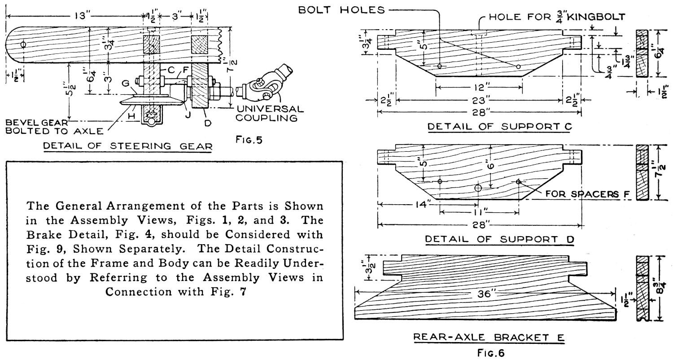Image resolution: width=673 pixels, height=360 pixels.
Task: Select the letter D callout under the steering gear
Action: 208,121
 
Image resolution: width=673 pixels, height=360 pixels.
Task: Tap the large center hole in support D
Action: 478,188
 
